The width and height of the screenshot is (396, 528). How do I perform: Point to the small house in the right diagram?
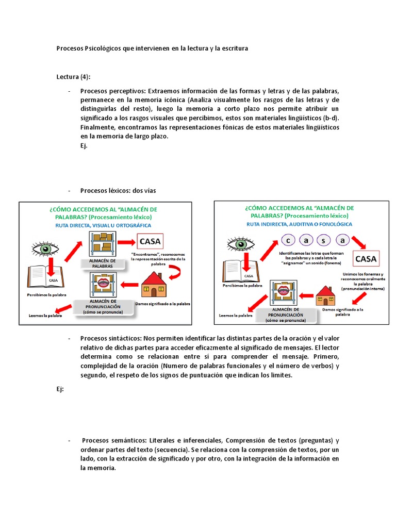pos(325,295)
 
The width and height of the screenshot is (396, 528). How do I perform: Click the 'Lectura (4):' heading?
pos(73,77)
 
